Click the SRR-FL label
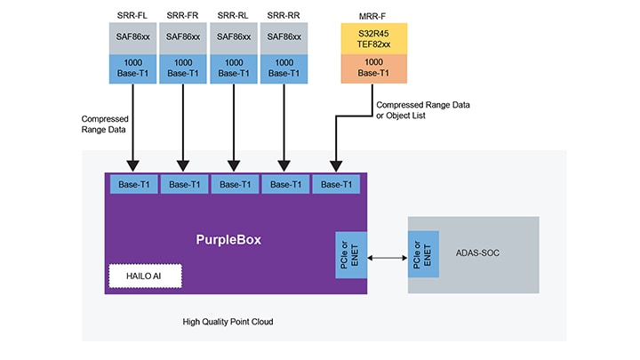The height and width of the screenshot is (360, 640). coord(132,15)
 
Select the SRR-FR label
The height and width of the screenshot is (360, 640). coord(183,15)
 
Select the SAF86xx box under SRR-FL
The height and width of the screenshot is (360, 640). coord(132,40)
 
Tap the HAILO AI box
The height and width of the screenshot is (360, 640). coord(145,276)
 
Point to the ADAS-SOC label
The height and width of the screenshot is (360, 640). coord(490,252)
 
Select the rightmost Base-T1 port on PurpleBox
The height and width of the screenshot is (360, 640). coord(336,185)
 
